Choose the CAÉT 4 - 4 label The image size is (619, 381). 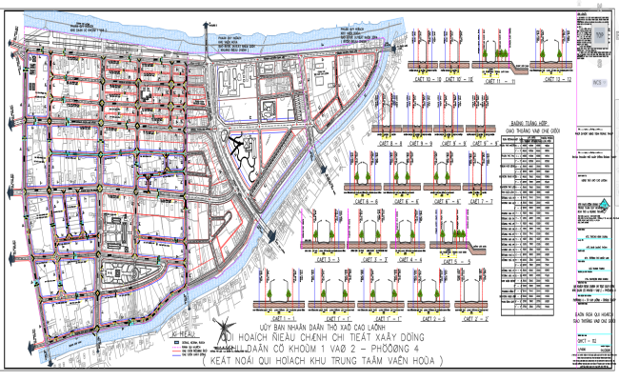point(410,258)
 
